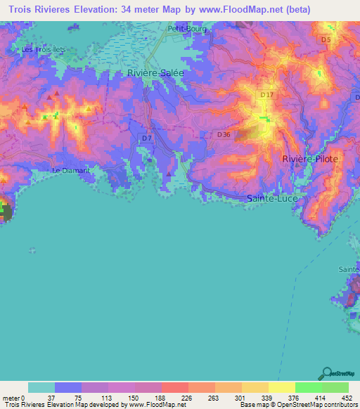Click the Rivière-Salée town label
pyautogui.click(x=155, y=72)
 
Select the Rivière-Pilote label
pyautogui.click(x=310, y=160)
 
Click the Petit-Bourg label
pyautogui.click(x=185, y=29)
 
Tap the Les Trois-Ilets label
pyautogui.click(x=41, y=49)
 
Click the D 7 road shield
pyautogui.click(x=146, y=138)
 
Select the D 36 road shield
pyautogui.click(x=224, y=134)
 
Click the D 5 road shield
pyautogui.click(x=325, y=40)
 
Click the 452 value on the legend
pyautogui.click(x=348, y=397)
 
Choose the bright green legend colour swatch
pyautogui.click(x=308, y=387)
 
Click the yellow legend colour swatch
pyautogui.click(x=281, y=387)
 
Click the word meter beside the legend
pyautogui.click(x=12, y=397)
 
